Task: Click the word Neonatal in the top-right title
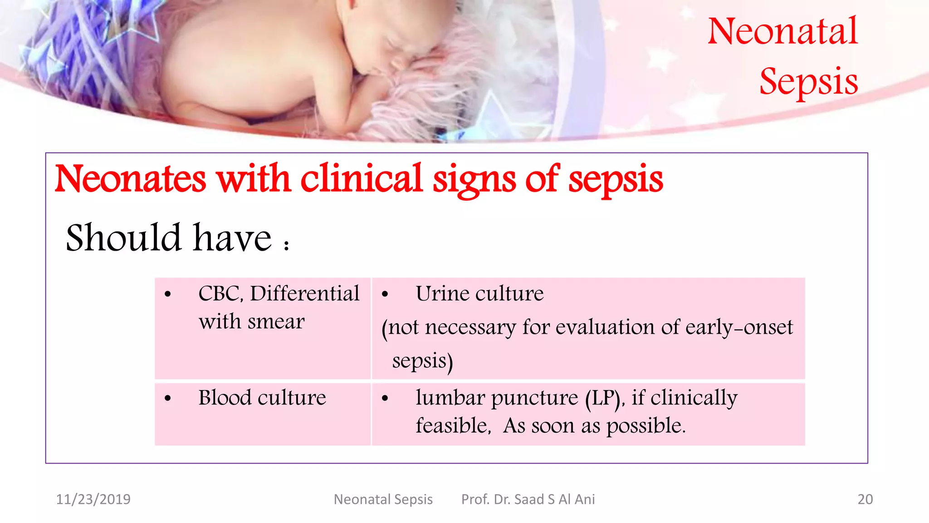[x=782, y=31]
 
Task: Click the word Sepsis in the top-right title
[x=809, y=82]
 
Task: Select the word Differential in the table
[x=305, y=294]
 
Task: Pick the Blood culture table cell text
[x=262, y=398]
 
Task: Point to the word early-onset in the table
[x=739, y=327]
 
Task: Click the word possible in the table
[x=645, y=426]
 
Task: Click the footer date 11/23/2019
[x=93, y=499]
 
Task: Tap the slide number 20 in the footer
[x=865, y=499]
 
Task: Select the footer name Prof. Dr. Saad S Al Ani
[x=528, y=499]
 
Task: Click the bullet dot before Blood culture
[x=168, y=399]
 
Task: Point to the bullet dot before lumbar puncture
[x=385, y=399]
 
